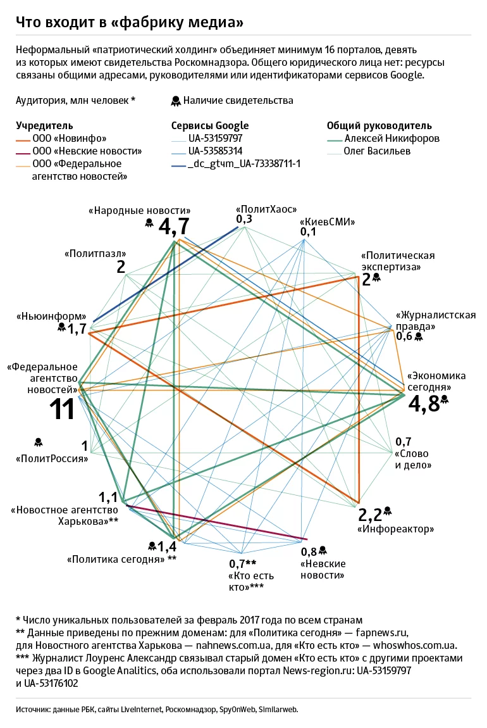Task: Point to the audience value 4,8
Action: coord(424,404)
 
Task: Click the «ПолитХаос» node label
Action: coord(266,209)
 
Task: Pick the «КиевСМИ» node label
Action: coord(327,222)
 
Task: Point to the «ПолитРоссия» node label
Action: coord(52,458)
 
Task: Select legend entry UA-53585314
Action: coord(215,151)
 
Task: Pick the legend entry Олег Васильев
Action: coord(378,151)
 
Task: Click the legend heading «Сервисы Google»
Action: coord(210,125)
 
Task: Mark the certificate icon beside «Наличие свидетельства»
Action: coord(175,101)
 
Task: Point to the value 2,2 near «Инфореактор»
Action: coord(370,514)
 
